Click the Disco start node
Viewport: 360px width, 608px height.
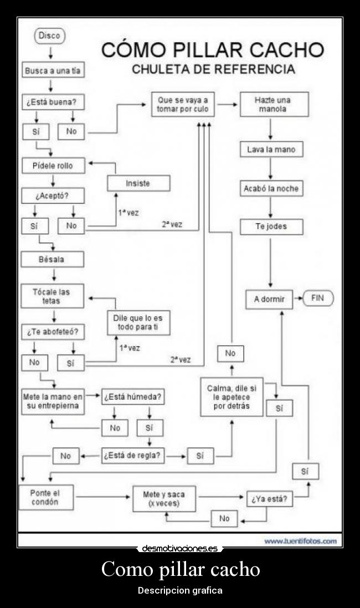pos(50,37)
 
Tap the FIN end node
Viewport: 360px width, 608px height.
pos(317,298)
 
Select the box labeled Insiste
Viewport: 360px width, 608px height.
pos(138,183)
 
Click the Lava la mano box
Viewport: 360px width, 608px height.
pos(271,150)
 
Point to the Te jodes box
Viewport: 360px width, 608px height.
pos(271,226)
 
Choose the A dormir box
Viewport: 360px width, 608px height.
pos(269,299)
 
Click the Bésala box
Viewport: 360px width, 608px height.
pos(52,259)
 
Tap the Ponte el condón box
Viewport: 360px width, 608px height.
pos(45,497)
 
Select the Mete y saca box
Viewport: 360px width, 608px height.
pos(164,498)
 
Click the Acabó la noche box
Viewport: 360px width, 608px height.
pos(271,188)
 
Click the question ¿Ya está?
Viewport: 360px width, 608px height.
pos(269,499)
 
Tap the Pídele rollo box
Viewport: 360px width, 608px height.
pos(52,166)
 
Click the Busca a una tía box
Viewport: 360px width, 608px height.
pos(53,71)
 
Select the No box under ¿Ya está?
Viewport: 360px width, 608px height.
pos(224,519)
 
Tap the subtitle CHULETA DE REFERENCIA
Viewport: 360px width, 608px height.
pos(213,70)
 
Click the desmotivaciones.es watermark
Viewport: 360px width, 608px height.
pos(180,549)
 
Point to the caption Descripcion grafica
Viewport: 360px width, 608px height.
pos(180,590)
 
